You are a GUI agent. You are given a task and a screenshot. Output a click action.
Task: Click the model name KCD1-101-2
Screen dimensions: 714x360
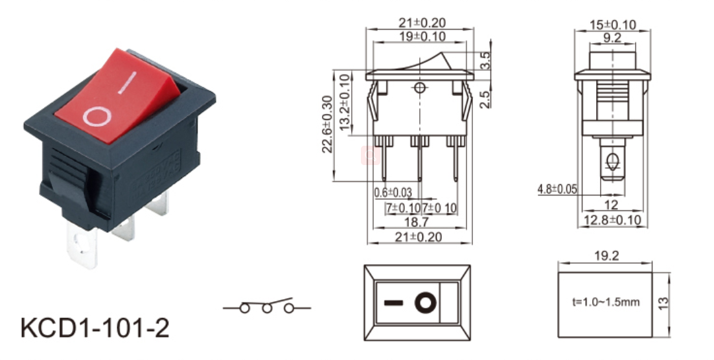click(95, 328)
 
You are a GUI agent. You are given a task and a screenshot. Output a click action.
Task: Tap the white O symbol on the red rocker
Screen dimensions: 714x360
click(97, 117)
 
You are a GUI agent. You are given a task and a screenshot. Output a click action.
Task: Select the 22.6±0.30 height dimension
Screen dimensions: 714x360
click(328, 124)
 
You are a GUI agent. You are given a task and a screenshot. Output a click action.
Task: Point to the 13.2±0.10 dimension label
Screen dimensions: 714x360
click(346, 102)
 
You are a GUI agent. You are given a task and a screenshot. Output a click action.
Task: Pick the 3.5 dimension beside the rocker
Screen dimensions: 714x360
click(486, 60)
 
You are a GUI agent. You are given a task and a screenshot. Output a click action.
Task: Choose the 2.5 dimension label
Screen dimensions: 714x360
click(486, 99)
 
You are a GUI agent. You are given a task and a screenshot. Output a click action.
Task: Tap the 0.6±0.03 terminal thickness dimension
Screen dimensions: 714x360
click(393, 192)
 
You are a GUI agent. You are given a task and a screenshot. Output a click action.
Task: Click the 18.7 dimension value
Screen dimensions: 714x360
click(417, 222)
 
